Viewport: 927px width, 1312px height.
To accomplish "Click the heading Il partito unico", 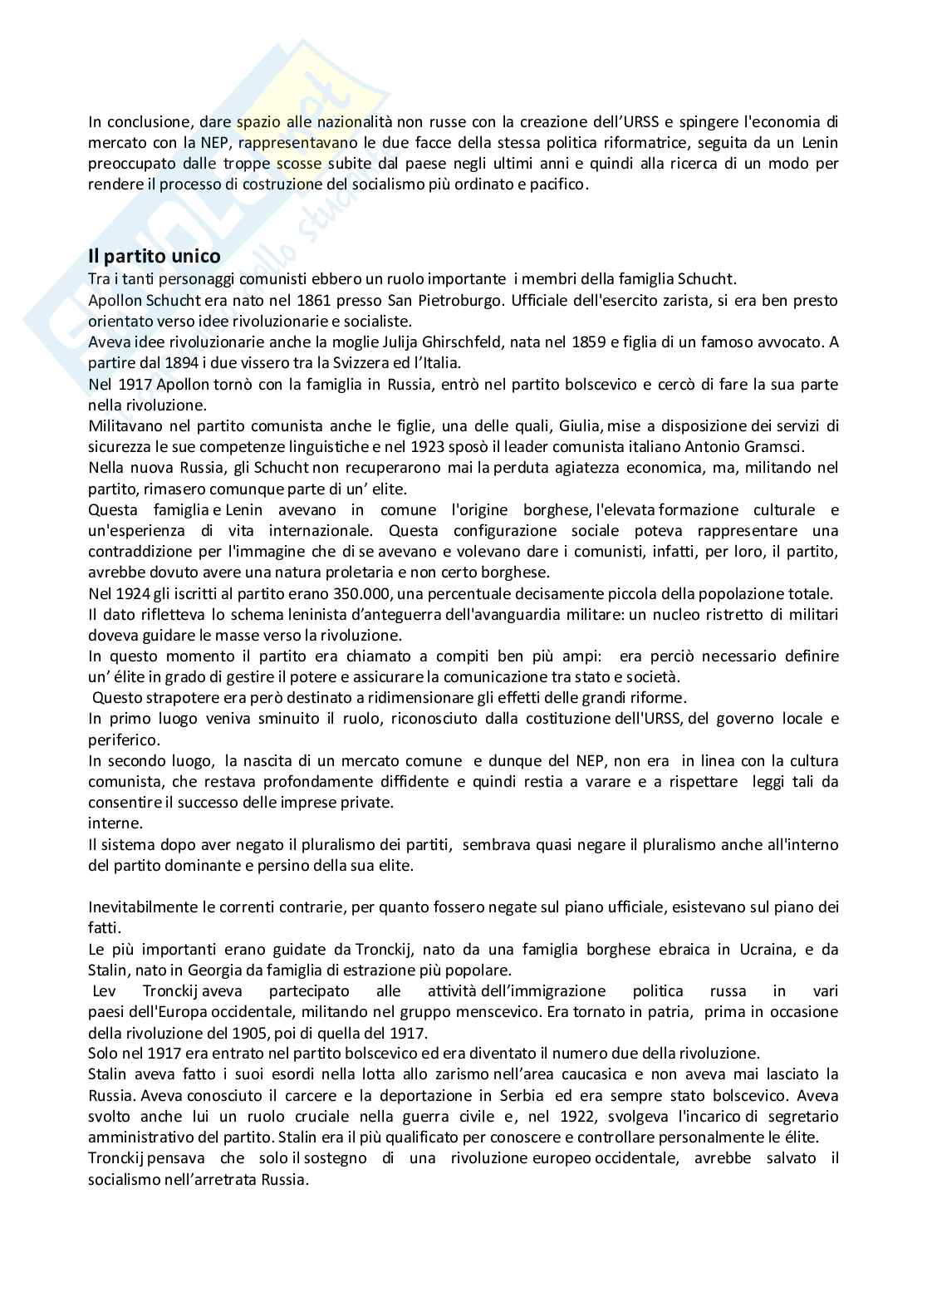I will pos(154,257).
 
